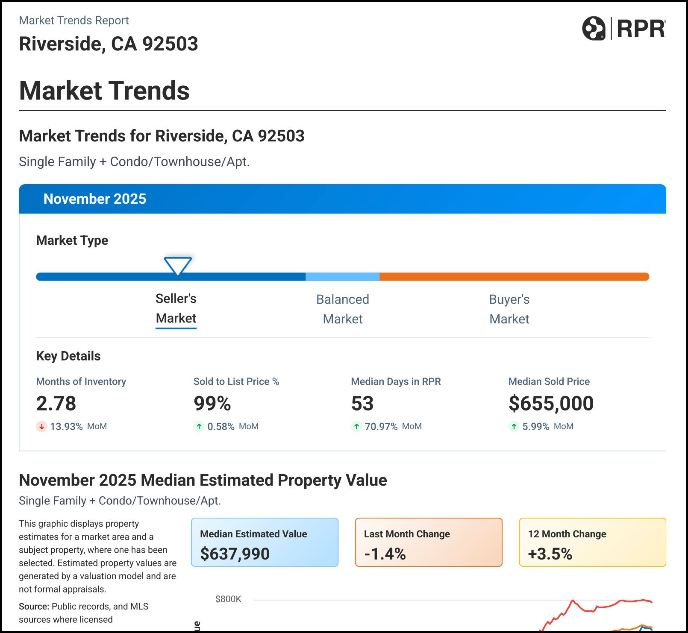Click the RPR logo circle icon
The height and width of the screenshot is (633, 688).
[594, 29]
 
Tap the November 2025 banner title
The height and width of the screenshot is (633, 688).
[95, 199]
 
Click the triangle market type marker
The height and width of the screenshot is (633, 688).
[178, 266]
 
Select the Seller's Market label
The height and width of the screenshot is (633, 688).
[176, 308]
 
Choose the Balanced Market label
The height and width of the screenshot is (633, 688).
[342, 309]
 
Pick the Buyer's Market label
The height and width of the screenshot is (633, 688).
[509, 309]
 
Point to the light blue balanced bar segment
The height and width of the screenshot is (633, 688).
[342, 277]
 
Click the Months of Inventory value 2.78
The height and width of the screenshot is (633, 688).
[56, 404]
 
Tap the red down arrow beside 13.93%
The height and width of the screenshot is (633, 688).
[41, 426]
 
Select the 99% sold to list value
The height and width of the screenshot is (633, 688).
[212, 404]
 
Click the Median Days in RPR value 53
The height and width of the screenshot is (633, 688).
[362, 404]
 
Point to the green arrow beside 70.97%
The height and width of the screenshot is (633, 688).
[356, 426]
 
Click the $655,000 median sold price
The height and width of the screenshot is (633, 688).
[551, 404]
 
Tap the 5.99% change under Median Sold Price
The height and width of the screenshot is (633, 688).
[535, 426]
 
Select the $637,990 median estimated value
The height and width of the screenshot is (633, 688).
[235, 554]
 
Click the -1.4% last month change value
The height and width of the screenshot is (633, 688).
[385, 554]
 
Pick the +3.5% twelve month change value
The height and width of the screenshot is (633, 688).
[550, 554]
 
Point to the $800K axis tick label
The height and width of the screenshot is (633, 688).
[228, 599]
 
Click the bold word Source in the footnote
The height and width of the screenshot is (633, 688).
[34, 607]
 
